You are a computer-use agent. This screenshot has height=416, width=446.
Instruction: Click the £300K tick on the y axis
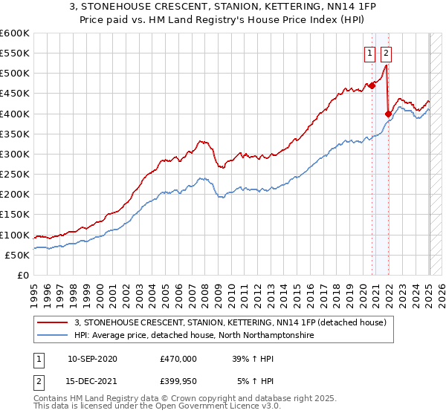pyautogui.click(x=16, y=154)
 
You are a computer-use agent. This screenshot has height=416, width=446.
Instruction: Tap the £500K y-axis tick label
pyautogui.click(x=16, y=73)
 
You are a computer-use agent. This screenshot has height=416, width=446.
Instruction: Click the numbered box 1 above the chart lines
pyautogui.click(x=370, y=53)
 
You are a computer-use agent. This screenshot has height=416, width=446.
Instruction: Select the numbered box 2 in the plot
pyautogui.click(x=387, y=53)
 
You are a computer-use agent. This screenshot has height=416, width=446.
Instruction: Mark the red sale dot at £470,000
pyautogui.click(x=372, y=85)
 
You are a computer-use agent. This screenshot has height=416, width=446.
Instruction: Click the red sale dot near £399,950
pyautogui.click(x=388, y=114)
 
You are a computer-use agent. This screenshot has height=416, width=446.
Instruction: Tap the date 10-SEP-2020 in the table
pyautogui.click(x=93, y=358)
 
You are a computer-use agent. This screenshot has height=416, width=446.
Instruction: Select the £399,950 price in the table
pyautogui.click(x=179, y=382)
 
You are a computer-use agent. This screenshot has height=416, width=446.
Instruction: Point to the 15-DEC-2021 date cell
pyautogui.click(x=93, y=382)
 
